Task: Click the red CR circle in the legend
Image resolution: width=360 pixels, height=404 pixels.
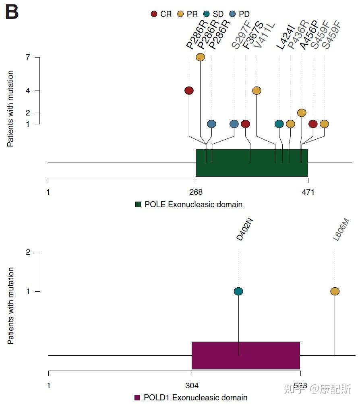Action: click(154, 14)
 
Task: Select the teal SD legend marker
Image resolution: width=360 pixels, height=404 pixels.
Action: click(207, 14)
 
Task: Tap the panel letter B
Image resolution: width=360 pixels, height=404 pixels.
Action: click(12, 12)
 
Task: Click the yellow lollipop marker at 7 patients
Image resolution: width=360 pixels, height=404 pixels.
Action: click(200, 57)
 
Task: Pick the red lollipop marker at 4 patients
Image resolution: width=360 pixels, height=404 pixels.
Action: click(189, 91)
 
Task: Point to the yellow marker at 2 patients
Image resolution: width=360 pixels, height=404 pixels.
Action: click(302, 113)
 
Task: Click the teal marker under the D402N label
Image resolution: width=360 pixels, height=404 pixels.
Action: click(238, 291)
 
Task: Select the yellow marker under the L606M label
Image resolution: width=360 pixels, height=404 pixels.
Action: click(335, 291)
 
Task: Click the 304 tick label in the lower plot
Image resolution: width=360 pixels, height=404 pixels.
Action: click(192, 385)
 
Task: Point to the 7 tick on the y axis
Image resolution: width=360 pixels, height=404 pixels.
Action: click(28, 57)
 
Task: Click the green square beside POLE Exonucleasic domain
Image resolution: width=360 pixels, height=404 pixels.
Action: click(138, 204)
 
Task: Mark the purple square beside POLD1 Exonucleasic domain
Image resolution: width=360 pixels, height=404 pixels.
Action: click(137, 398)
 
